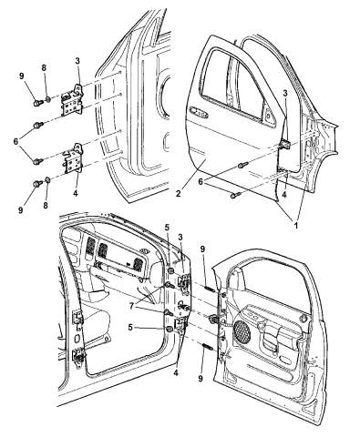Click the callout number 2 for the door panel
pos(178,194)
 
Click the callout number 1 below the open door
pos(295,225)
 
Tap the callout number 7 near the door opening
pos(131,306)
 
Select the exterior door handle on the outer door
pos(198,112)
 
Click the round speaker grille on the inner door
pos(242,330)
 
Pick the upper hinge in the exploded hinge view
pos(72,100)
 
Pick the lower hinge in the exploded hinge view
pos(73,159)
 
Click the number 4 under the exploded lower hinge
pos(75,193)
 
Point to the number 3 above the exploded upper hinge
pos(77,61)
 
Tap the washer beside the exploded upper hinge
pos(48,99)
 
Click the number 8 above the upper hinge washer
pos(44,68)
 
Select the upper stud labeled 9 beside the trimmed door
pos(210,289)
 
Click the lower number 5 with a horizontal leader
pos(130,328)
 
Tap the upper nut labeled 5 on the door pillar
pos(170,270)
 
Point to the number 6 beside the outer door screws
pos(201,181)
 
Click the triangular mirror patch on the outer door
pos(268,116)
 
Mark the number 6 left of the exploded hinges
pos(15,141)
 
